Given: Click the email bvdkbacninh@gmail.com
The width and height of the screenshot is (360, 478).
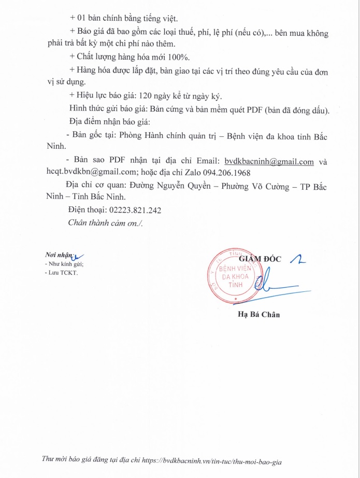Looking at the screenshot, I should (x=269, y=161).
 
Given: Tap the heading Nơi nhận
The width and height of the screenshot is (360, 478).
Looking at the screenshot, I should (x=58, y=255).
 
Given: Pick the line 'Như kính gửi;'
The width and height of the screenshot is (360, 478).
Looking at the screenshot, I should (x=65, y=264).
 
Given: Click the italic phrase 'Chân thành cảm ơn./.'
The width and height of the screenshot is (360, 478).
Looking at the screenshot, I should (x=106, y=222).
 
